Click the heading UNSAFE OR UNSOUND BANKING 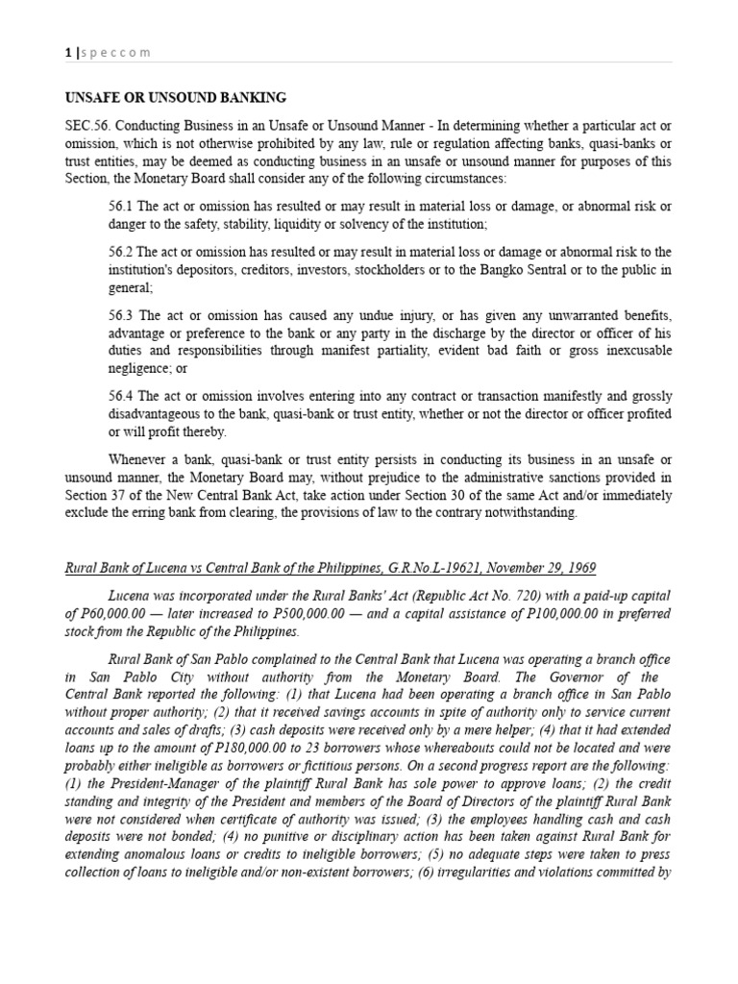[175, 97]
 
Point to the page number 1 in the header [68, 53]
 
